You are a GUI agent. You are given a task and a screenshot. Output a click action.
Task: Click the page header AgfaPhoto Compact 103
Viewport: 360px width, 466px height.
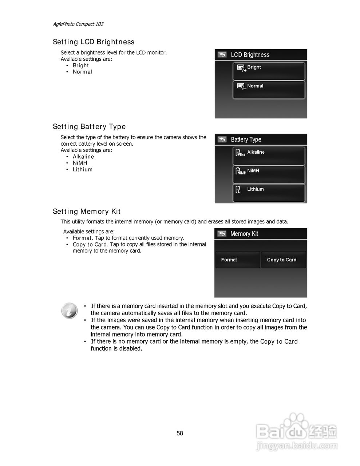78,24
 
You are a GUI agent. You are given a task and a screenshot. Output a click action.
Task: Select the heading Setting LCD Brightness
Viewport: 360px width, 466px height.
94,42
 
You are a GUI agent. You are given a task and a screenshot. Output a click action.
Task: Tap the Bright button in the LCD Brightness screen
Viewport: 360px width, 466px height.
269,71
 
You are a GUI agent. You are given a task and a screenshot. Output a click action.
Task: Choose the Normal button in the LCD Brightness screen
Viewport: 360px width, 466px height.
269,90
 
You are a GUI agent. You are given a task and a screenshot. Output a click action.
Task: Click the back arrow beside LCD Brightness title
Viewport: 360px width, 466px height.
222,55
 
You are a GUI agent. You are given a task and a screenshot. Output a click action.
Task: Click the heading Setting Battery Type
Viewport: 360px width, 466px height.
89,127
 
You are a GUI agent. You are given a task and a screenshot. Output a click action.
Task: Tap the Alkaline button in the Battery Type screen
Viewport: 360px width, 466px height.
269,156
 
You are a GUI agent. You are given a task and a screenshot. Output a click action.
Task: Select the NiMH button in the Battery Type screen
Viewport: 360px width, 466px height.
269,174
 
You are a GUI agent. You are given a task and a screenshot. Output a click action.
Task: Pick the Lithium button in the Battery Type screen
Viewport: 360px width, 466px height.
269,193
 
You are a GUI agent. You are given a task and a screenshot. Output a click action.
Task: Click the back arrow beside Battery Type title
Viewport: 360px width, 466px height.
222,139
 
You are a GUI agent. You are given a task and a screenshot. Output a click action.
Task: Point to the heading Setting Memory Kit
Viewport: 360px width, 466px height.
87,212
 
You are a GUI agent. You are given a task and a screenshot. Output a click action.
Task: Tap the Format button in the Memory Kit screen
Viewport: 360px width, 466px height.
237,260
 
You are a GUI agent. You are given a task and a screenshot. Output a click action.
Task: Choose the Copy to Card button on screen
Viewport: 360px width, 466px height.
283,260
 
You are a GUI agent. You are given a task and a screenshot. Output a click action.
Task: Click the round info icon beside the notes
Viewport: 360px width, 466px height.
69,311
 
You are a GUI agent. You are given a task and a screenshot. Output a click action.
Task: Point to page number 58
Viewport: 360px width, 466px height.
180,433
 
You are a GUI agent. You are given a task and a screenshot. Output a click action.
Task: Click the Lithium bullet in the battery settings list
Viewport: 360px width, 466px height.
83,169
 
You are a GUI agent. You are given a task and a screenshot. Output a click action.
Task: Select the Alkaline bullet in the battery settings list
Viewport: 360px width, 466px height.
83,157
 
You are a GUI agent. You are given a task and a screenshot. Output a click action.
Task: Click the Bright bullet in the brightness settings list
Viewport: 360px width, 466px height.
81,66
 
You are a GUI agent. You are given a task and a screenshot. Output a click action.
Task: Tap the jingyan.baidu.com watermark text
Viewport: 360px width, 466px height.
297,446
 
